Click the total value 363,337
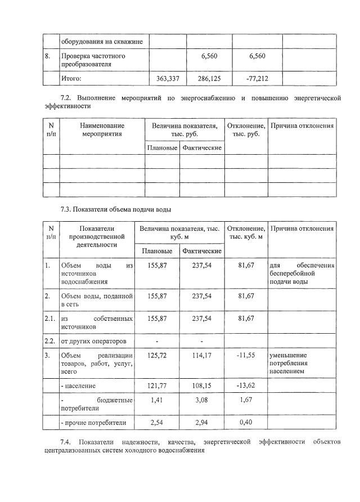tap(168, 79)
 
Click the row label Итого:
tap(71, 79)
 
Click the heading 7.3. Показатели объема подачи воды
tap(115, 210)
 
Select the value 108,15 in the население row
tap(202, 386)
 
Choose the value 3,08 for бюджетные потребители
tap(202, 400)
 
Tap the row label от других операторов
tap(93, 341)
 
